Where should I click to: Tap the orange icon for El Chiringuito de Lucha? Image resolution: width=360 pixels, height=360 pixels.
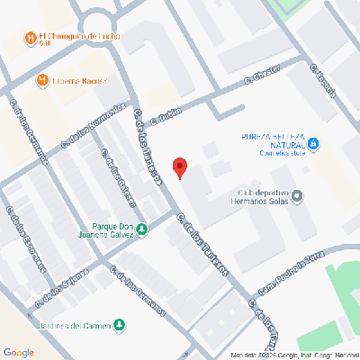click(31, 39)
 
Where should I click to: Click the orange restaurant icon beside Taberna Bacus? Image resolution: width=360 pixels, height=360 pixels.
click(41, 81)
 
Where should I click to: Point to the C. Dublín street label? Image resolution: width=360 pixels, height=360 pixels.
click(167, 114)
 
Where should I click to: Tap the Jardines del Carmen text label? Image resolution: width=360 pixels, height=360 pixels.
click(76, 325)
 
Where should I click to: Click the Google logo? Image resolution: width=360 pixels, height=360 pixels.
click(19, 351)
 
